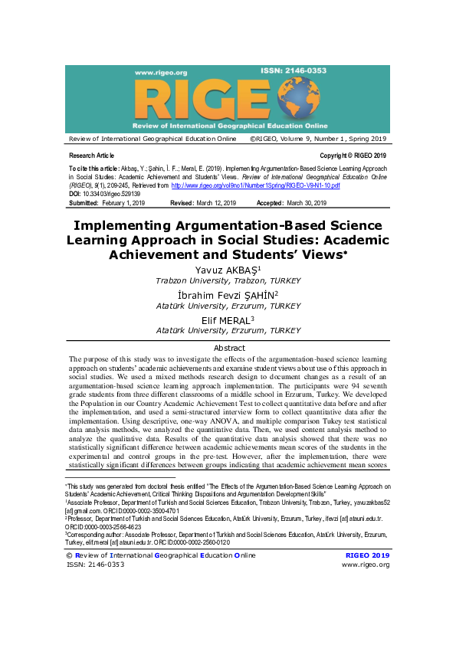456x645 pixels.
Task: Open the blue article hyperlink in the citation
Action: click(255, 186)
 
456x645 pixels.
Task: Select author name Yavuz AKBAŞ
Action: click(228, 270)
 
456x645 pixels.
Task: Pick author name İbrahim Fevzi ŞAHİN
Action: click(228, 295)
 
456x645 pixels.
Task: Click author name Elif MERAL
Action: click(228, 319)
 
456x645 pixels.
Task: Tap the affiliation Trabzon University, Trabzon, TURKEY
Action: click(228, 281)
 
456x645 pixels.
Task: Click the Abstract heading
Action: click(228, 348)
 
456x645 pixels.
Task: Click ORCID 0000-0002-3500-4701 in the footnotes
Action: click(135, 510)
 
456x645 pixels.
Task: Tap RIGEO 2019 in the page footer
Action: click(368, 555)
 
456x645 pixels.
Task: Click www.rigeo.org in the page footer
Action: click(366, 565)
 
